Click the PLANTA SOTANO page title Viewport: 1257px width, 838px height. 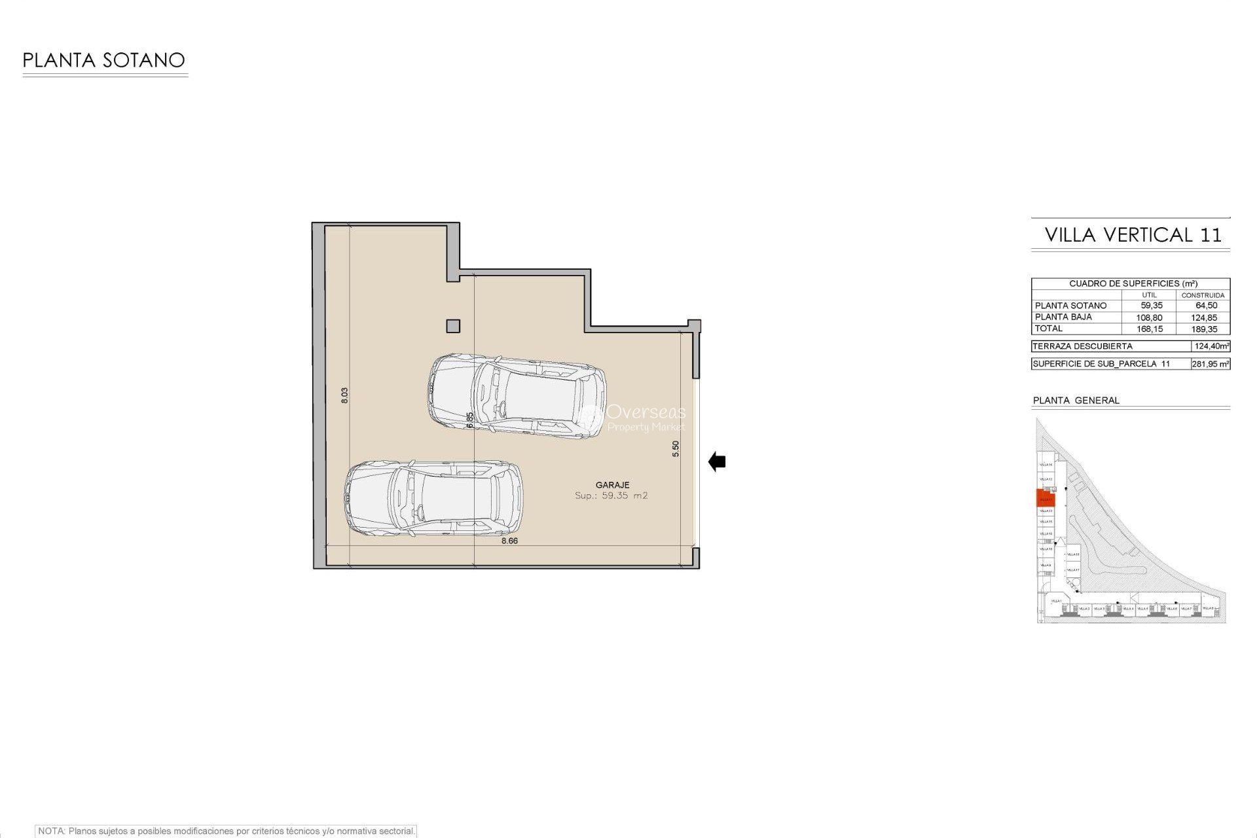point(103,60)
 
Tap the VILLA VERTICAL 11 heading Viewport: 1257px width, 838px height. point(1133,235)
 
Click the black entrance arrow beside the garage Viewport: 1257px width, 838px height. point(717,462)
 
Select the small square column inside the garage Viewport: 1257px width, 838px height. point(452,326)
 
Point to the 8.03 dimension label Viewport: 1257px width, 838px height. point(344,395)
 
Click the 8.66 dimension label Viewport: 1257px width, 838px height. point(509,541)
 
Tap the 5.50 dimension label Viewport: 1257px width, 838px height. point(676,448)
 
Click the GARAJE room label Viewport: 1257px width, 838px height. point(612,485)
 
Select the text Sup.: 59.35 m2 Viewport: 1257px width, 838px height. point(611,496)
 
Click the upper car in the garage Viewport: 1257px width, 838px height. point(517,396)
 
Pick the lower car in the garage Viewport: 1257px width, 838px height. point(433,499)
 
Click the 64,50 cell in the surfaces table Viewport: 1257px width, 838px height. point(1206,306)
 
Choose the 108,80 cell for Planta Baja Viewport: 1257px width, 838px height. point(1149,318)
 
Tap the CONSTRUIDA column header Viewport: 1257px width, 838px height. point(1203,295)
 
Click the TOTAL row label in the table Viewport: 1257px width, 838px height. point(1048,329)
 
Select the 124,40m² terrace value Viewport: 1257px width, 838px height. point(1211,346)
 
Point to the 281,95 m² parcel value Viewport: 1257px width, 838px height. point(1210,364)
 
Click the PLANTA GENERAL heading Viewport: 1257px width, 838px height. point(1076,400)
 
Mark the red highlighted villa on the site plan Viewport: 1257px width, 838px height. point(1045,498)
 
